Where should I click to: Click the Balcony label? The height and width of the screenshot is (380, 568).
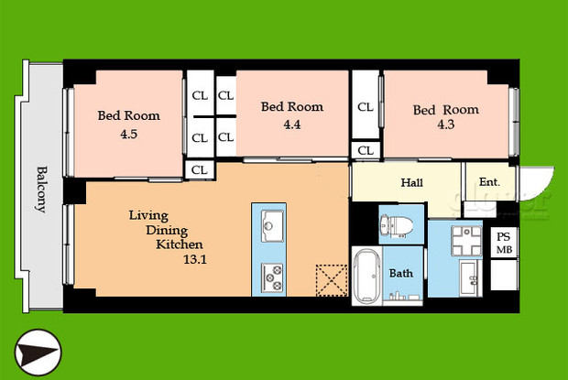tap(41, 189)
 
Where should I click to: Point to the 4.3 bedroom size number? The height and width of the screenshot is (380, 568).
tap(444, 127)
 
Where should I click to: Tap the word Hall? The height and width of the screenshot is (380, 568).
tap(412, 182)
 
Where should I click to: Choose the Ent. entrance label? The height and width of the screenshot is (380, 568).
tap(489, 182)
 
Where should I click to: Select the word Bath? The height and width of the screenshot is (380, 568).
tap(401, 273)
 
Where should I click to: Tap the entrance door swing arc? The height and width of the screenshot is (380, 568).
tap(535, 180)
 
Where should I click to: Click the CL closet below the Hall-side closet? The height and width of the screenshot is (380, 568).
tap(365, 150)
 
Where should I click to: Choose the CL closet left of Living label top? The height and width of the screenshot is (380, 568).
tap(200, 168)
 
